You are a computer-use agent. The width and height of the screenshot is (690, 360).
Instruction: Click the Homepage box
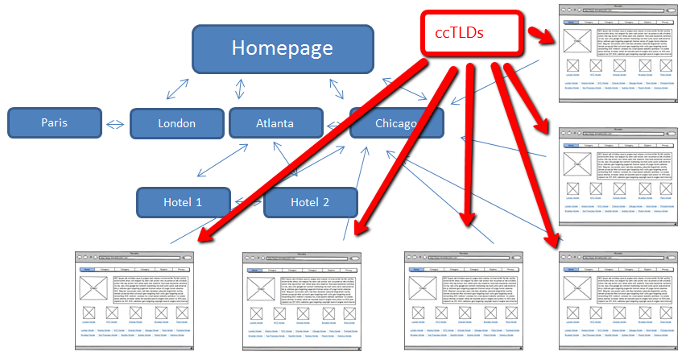pos(282,48)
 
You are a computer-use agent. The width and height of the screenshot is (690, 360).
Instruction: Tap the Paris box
pos(55,123)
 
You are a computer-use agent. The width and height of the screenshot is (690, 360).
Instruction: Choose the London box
pos(176,123)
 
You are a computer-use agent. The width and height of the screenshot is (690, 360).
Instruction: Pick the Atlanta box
pos(275,123)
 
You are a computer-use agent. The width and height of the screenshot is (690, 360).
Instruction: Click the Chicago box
pos(396,123)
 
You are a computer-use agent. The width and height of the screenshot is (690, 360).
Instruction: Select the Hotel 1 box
pos(183,202)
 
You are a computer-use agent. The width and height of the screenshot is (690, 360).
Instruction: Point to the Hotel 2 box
pos(310,202)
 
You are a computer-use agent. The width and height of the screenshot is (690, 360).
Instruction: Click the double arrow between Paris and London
pos(116,124)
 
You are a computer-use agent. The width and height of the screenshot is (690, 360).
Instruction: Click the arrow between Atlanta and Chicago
pos(336,124)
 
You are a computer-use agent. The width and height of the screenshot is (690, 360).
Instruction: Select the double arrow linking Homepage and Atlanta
pos(239,89)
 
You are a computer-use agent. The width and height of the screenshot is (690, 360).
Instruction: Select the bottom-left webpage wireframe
pos(136,299)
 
